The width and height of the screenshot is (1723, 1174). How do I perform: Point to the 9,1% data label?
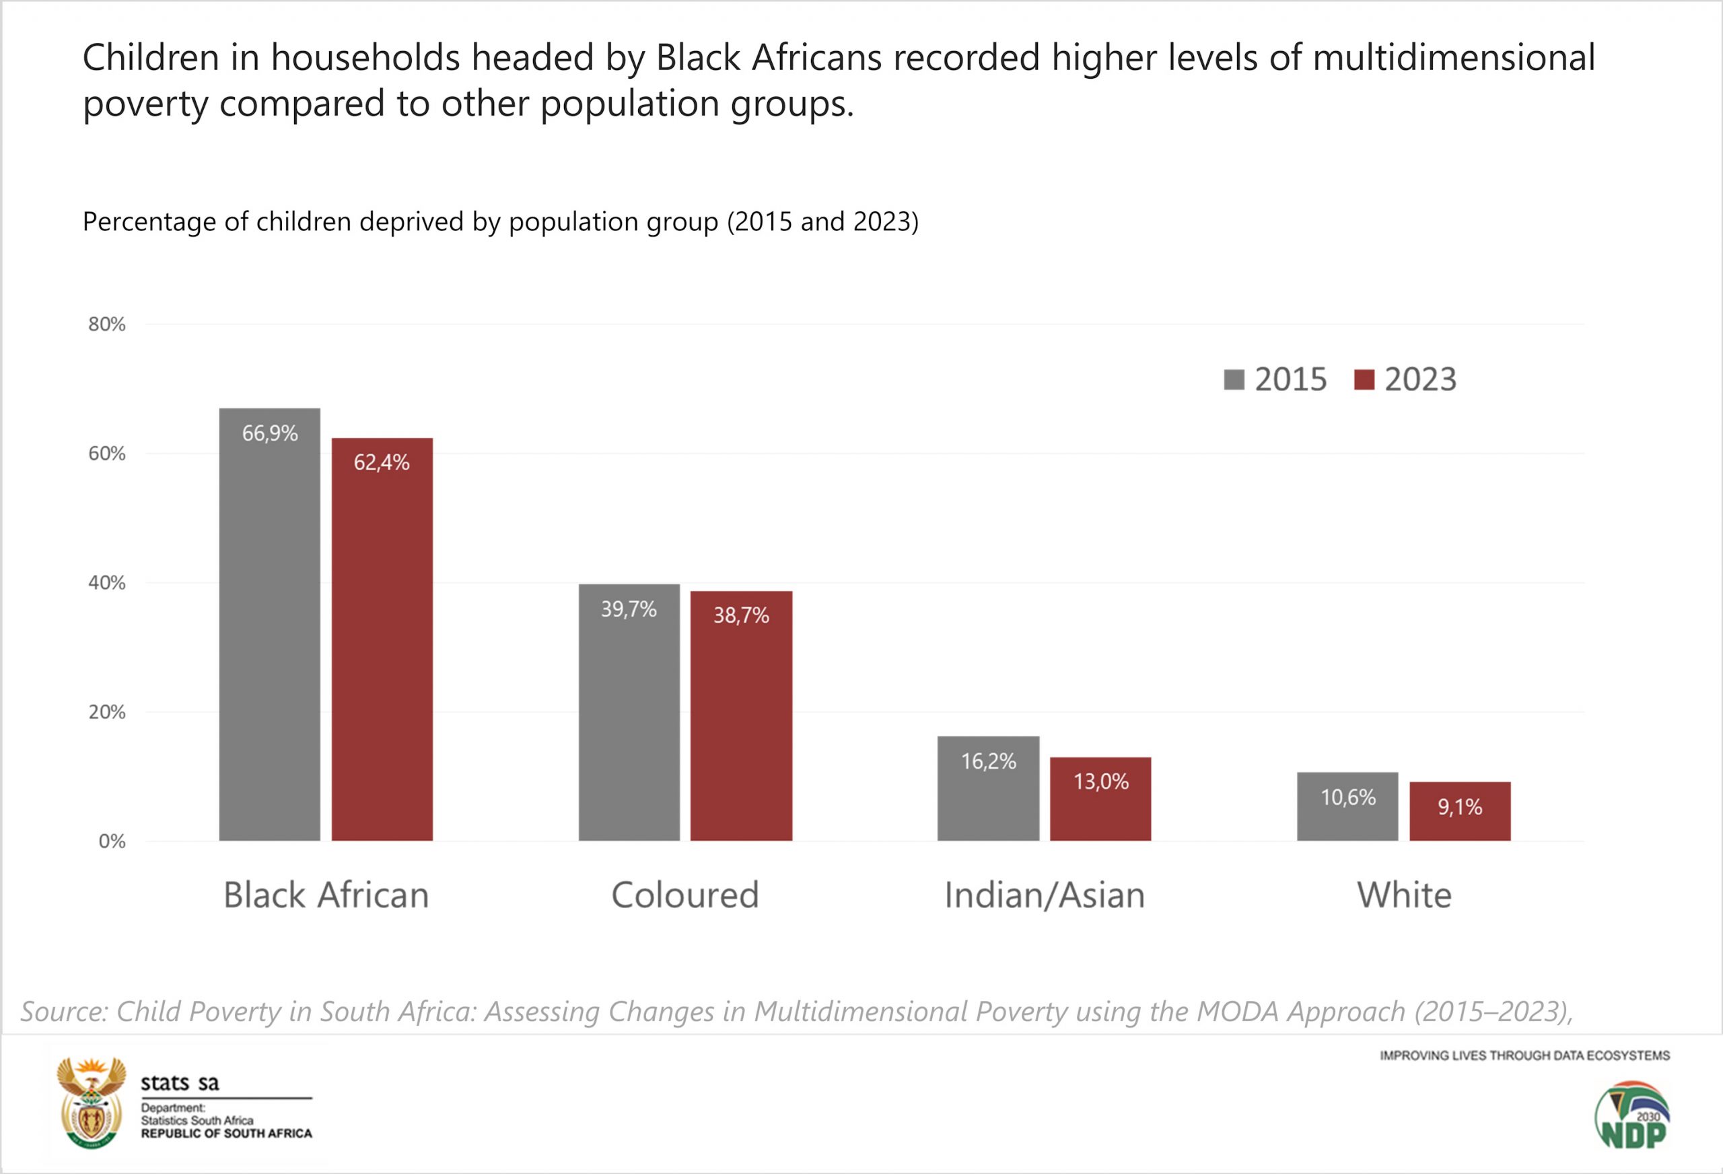click(1460, 807)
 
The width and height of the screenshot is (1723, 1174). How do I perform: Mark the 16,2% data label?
click(988, 761)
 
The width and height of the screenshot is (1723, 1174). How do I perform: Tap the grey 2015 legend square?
click(1234, 379)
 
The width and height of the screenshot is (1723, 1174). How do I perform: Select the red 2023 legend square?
click(1364, 379)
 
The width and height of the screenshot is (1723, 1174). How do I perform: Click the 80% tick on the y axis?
click(107, 324)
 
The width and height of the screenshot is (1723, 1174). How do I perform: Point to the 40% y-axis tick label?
click(107, 583)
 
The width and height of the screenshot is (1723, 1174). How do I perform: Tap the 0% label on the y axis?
click(112, 841)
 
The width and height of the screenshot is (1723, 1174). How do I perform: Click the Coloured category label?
click(684, 895)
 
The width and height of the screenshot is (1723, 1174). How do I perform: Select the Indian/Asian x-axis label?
click(1044, 895)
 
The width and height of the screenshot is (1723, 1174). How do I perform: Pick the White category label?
click(1403, 895)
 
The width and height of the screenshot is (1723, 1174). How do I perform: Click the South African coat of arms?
click(91, 1103)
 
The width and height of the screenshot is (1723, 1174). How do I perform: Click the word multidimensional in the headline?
click(1454, 58)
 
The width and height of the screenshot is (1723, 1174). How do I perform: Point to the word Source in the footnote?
click(64, 1012)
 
